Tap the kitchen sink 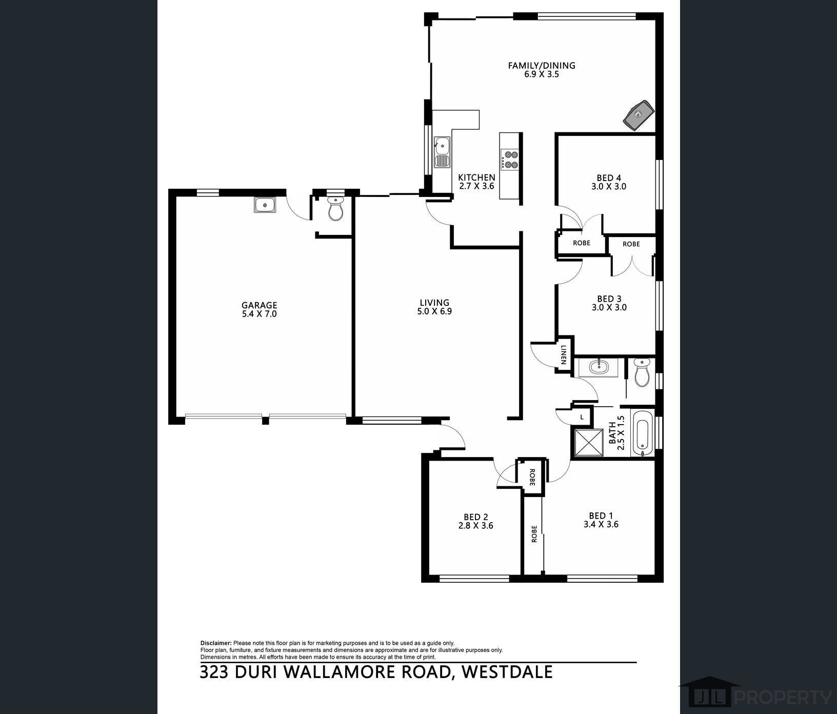[x=442, y=152]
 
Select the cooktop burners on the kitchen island [x=510, y=160]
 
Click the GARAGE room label [x=259, y=305]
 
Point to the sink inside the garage [x=265, y=205]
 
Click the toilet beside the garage [x=335, y=210]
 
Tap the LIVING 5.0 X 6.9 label [x=435, y=307]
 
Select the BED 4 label [x=608, y=178]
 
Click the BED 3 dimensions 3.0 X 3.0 [x=609, y=308]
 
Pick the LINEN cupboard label [x=564, y=354]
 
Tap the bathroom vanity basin [x=598, y=367]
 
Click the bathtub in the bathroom [x=642, y=433]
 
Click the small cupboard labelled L [x=582, y=418]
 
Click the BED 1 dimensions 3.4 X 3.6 [x=601, y=524]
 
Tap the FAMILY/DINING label [x=541, y=65]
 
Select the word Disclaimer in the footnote [x=216, y=643]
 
